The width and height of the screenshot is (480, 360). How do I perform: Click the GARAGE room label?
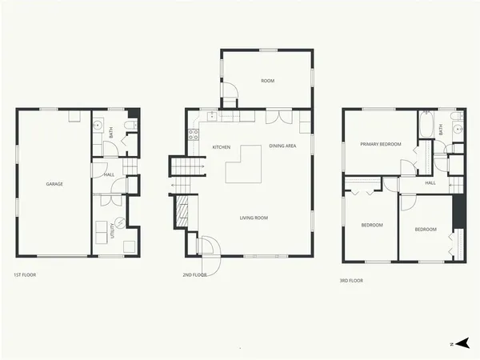[54, 184]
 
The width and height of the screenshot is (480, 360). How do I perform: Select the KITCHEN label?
[222, 147]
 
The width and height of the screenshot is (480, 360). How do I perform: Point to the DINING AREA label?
[282, 146]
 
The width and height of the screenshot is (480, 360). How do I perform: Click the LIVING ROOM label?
[254, 218]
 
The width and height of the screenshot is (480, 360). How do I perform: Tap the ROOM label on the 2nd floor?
[268, 81]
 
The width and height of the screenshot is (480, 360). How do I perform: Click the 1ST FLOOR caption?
[25, 274]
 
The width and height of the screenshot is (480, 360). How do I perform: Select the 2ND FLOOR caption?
[194, 275]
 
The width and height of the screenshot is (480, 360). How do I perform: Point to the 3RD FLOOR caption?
[352, 281]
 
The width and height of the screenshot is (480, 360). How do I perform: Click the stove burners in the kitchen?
[193, 134]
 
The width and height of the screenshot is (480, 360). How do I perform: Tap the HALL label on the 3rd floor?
[430, 183]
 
